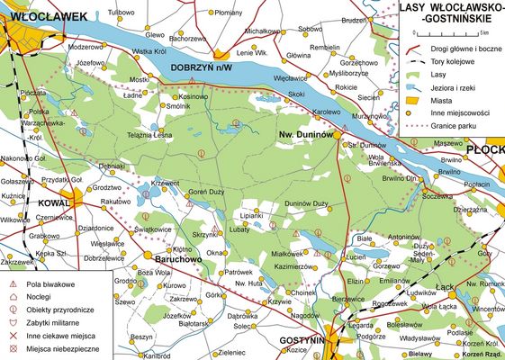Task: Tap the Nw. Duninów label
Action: [304, 133]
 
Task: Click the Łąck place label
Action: [443, 285]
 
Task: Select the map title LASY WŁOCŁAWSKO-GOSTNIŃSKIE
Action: [450, 13]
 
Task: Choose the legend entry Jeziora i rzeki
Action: [464, 88]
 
